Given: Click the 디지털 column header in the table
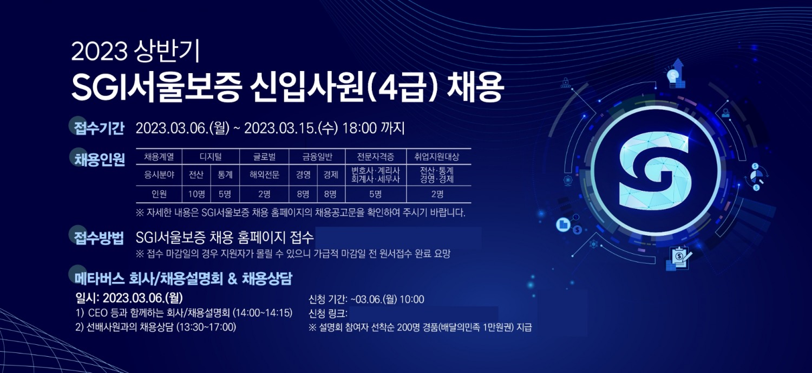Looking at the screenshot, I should coord(211,157).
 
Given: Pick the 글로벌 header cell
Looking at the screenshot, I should coord(264,157).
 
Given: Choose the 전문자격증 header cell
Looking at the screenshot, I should coord(375,157).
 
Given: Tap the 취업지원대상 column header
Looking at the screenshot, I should coord(437,157).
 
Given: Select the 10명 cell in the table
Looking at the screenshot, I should coord(197,194).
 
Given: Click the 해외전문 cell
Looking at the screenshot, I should coord(264,175).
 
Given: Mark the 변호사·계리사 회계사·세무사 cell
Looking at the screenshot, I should coord(375,175).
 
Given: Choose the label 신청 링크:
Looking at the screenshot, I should coord(328,313).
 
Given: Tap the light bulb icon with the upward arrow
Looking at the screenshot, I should coord(676,75).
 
